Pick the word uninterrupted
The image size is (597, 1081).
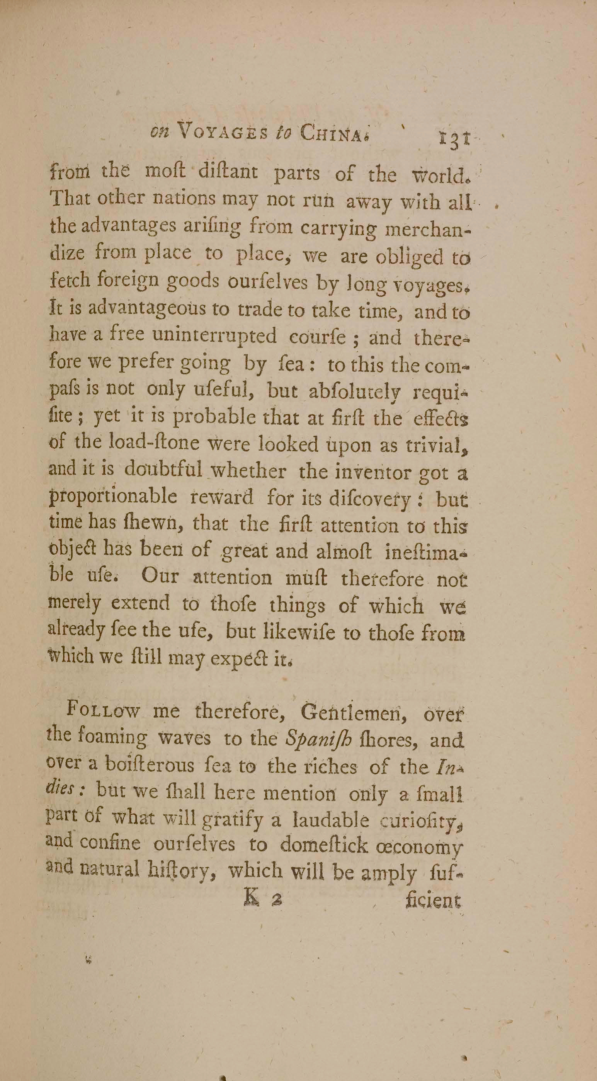click(x=214, y=336)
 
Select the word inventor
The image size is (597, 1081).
click(x=367, y=472)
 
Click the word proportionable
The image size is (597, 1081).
click(x=113, y=498)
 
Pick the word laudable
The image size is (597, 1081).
click(x=331, y=821)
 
